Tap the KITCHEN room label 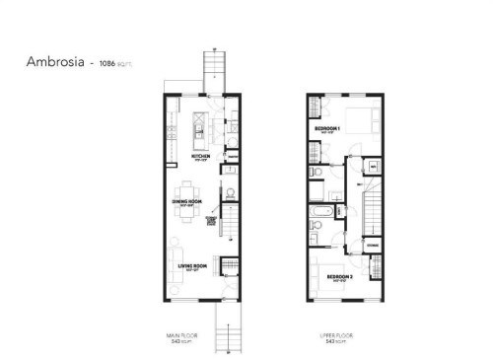tap(201, 157)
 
